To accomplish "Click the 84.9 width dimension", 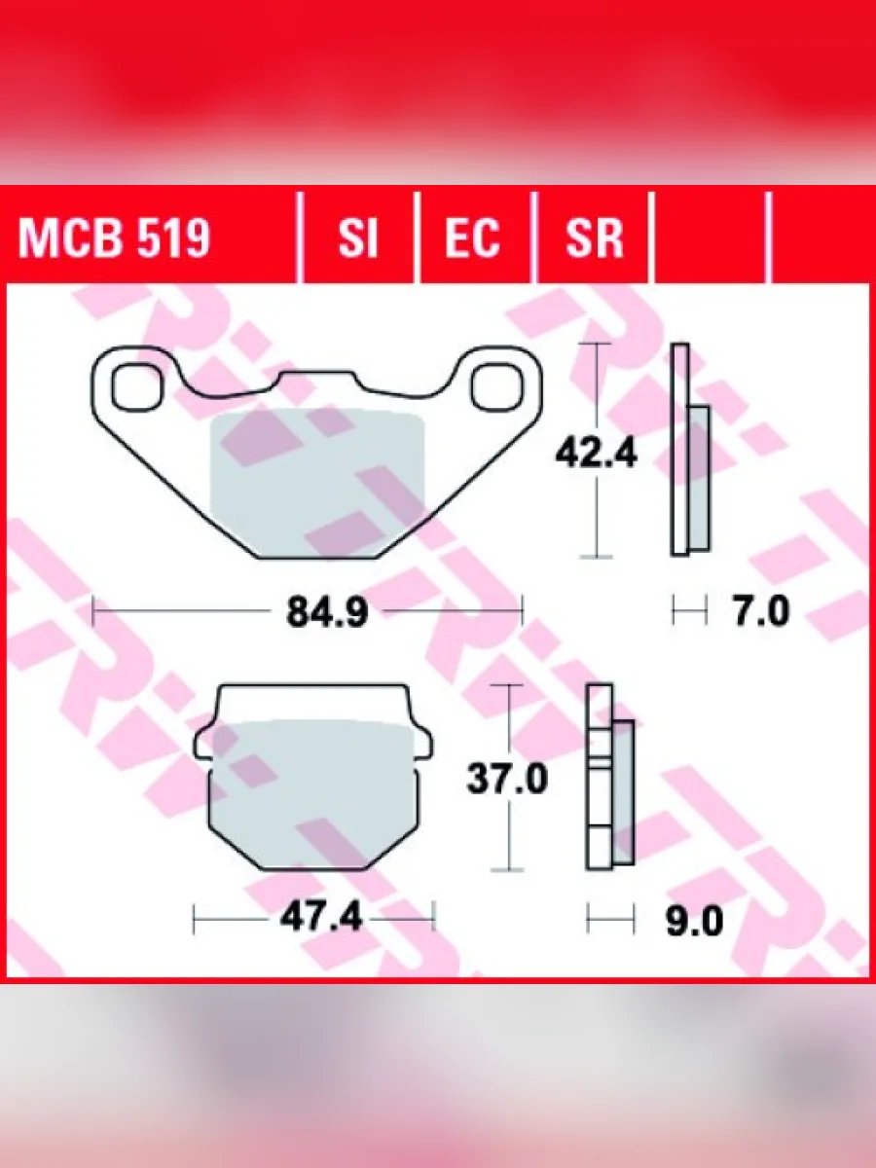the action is point(327,612).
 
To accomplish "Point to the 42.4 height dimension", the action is point(596,454).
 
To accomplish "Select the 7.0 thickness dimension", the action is point(761,611).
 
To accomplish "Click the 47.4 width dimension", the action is point(321,917).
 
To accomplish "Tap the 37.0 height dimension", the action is point(507,778).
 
